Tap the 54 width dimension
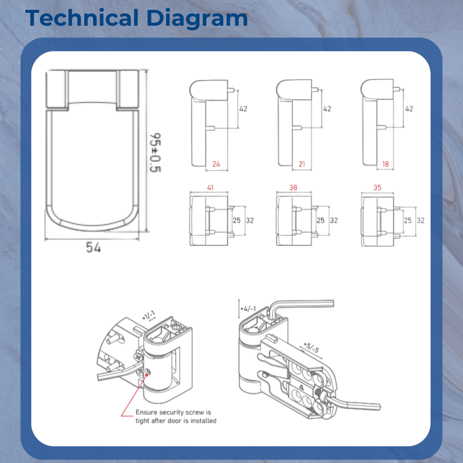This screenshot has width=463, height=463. click(93, 247)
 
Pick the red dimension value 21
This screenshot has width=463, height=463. click(302, 163)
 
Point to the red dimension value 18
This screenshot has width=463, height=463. click(388, 163)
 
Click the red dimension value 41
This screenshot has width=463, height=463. click(210, 188)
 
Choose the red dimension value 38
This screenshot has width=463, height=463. click(293, 188)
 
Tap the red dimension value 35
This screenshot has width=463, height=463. click(378, 188)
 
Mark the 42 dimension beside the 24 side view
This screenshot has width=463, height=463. click(243, 108)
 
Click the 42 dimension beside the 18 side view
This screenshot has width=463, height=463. click(409, 108)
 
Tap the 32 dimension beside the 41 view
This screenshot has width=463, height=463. click(251, 220)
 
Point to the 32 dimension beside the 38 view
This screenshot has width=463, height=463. click(334, 220)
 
